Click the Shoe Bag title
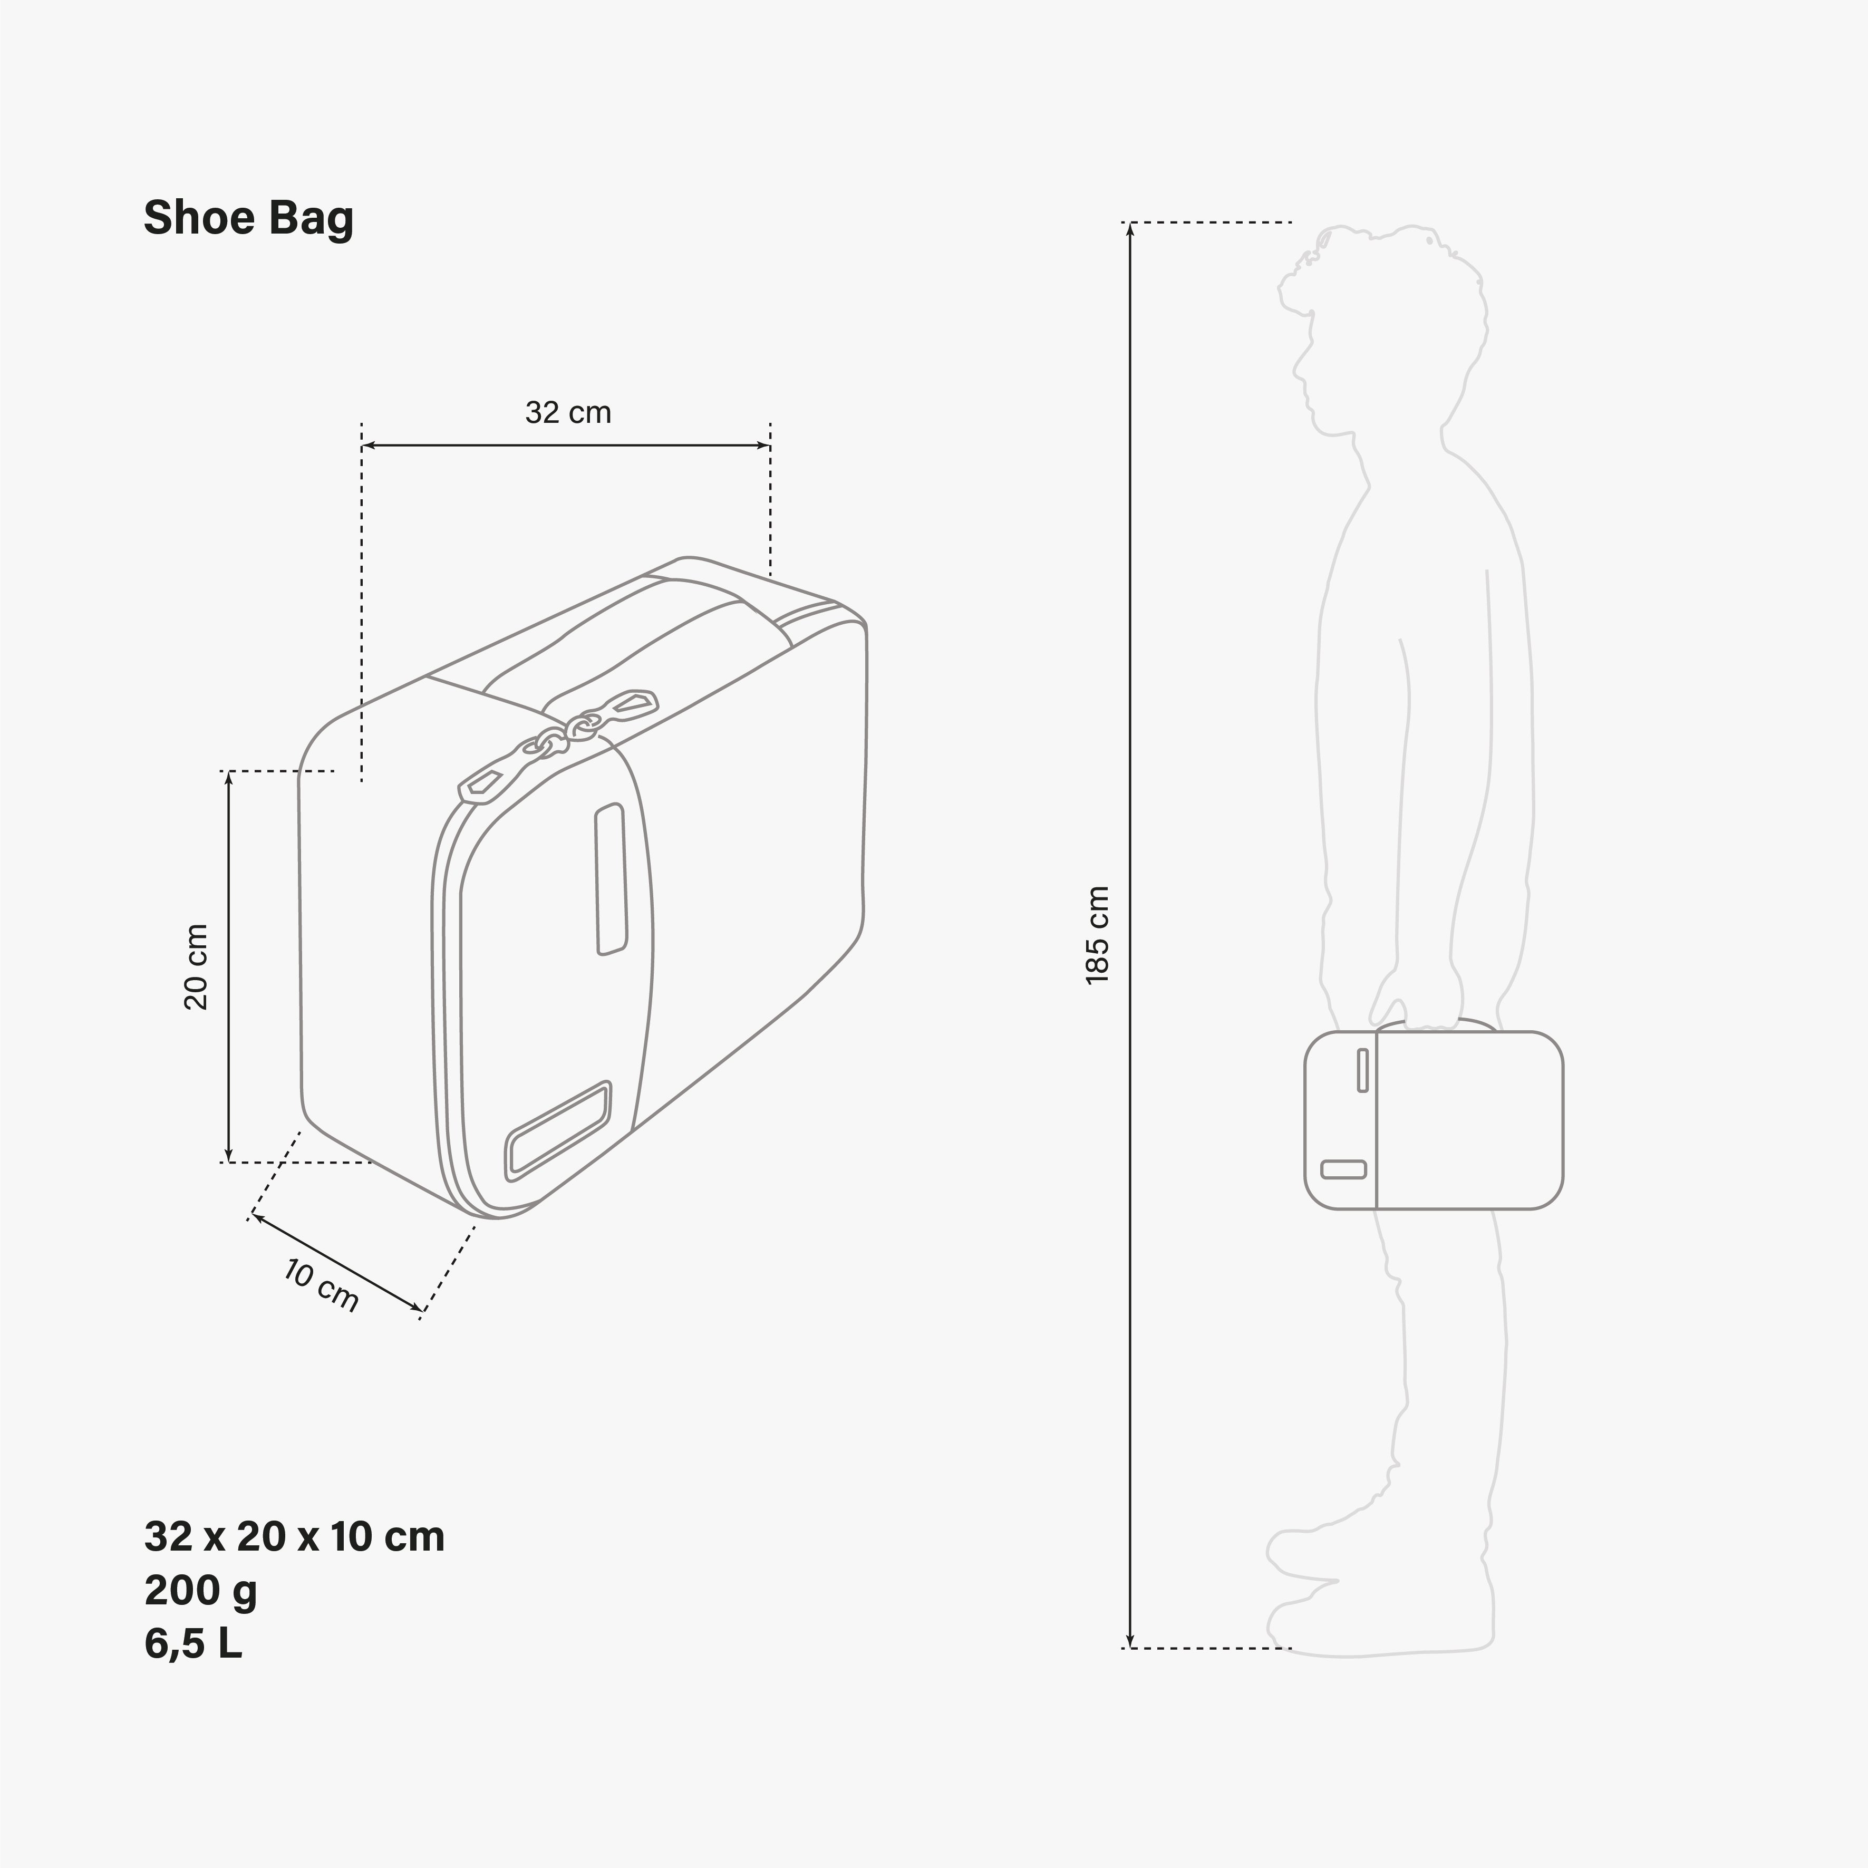248,218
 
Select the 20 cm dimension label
196,967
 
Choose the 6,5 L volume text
192,1644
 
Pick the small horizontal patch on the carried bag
1343,1169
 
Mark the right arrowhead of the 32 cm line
765,446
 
